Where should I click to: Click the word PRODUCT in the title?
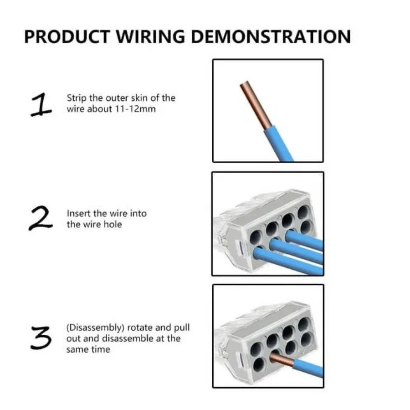pyautogui.click(x=67, y=36)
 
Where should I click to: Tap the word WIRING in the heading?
pyautogui.click(x=151, y=36)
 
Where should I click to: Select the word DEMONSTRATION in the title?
pyautogui.click(x=271, y=36)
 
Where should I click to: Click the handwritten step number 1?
pyautogui.click(x=41, y=105)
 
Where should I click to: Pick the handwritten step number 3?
pyautogui.click(x=41, y=338)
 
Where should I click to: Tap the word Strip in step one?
pyautogui.click(x=77, y=98)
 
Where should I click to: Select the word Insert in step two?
pyautogui.click(x=79, y=213)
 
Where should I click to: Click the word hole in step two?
pyautogui.click(x=113, y=224)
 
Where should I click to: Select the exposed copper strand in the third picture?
pyautogui.click(x=282, y=358)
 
